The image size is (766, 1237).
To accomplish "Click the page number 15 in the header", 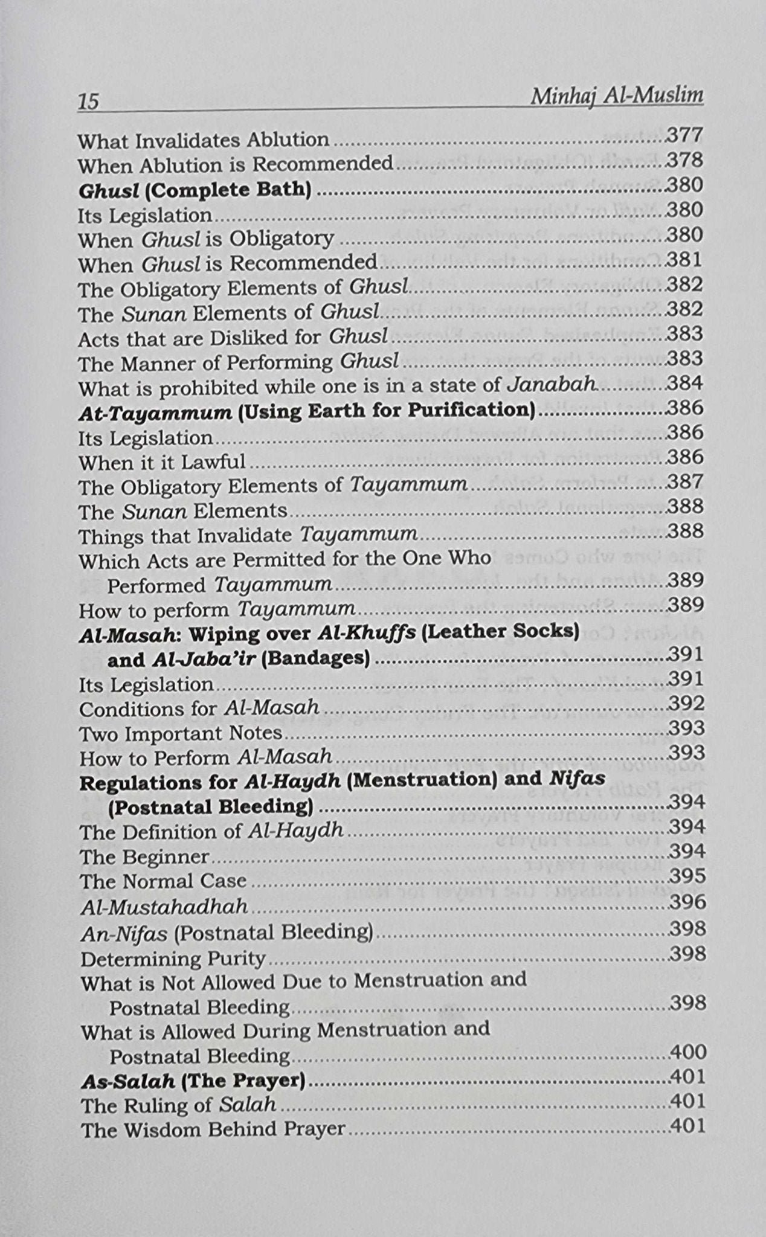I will [x=88, y=101].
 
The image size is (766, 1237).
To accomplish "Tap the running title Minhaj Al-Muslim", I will [x=616, y=97].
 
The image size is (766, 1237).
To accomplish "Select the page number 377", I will [x=684, y=135].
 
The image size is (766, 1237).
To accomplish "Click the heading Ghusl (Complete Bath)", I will [x=195, y=190].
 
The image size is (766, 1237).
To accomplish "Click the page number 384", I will [x=685, y=383].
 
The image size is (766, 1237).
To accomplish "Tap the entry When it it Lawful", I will [x=162, y=463].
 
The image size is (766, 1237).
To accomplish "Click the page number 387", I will [x=686, y=481].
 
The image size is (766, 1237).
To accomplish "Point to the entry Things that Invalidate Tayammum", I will [x=248, y=535].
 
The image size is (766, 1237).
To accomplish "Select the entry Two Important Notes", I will [x=181, y=733].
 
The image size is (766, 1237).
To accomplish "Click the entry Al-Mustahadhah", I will [x=164, y=906].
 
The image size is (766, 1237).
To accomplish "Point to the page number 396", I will [x=687, y=902].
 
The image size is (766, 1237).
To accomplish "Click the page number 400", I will [x=688, y=1052].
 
